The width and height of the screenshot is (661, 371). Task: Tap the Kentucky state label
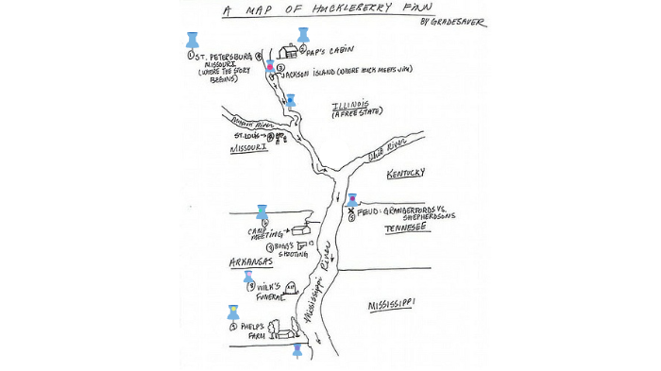pos(406,173)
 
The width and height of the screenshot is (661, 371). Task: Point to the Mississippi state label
pos(391,304)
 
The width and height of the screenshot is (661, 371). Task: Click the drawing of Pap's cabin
pos(288,51)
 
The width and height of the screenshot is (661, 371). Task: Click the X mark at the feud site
pos(351,211)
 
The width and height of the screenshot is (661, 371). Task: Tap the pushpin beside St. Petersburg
pos(193,40)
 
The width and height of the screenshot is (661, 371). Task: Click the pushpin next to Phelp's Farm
pos(233,312)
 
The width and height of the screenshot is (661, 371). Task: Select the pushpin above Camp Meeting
pos(262,212)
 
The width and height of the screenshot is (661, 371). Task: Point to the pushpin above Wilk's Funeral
pos(248,277)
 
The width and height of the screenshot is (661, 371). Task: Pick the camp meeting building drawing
pos(302,229)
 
